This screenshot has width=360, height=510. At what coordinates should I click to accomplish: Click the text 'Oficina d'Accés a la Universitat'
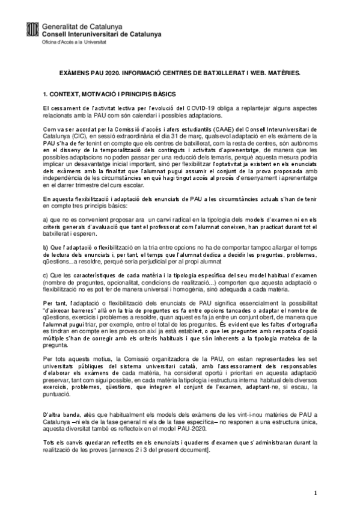[x=75, y=43]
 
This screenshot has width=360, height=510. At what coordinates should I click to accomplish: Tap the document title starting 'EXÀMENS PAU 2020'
[x=180, y=72]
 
